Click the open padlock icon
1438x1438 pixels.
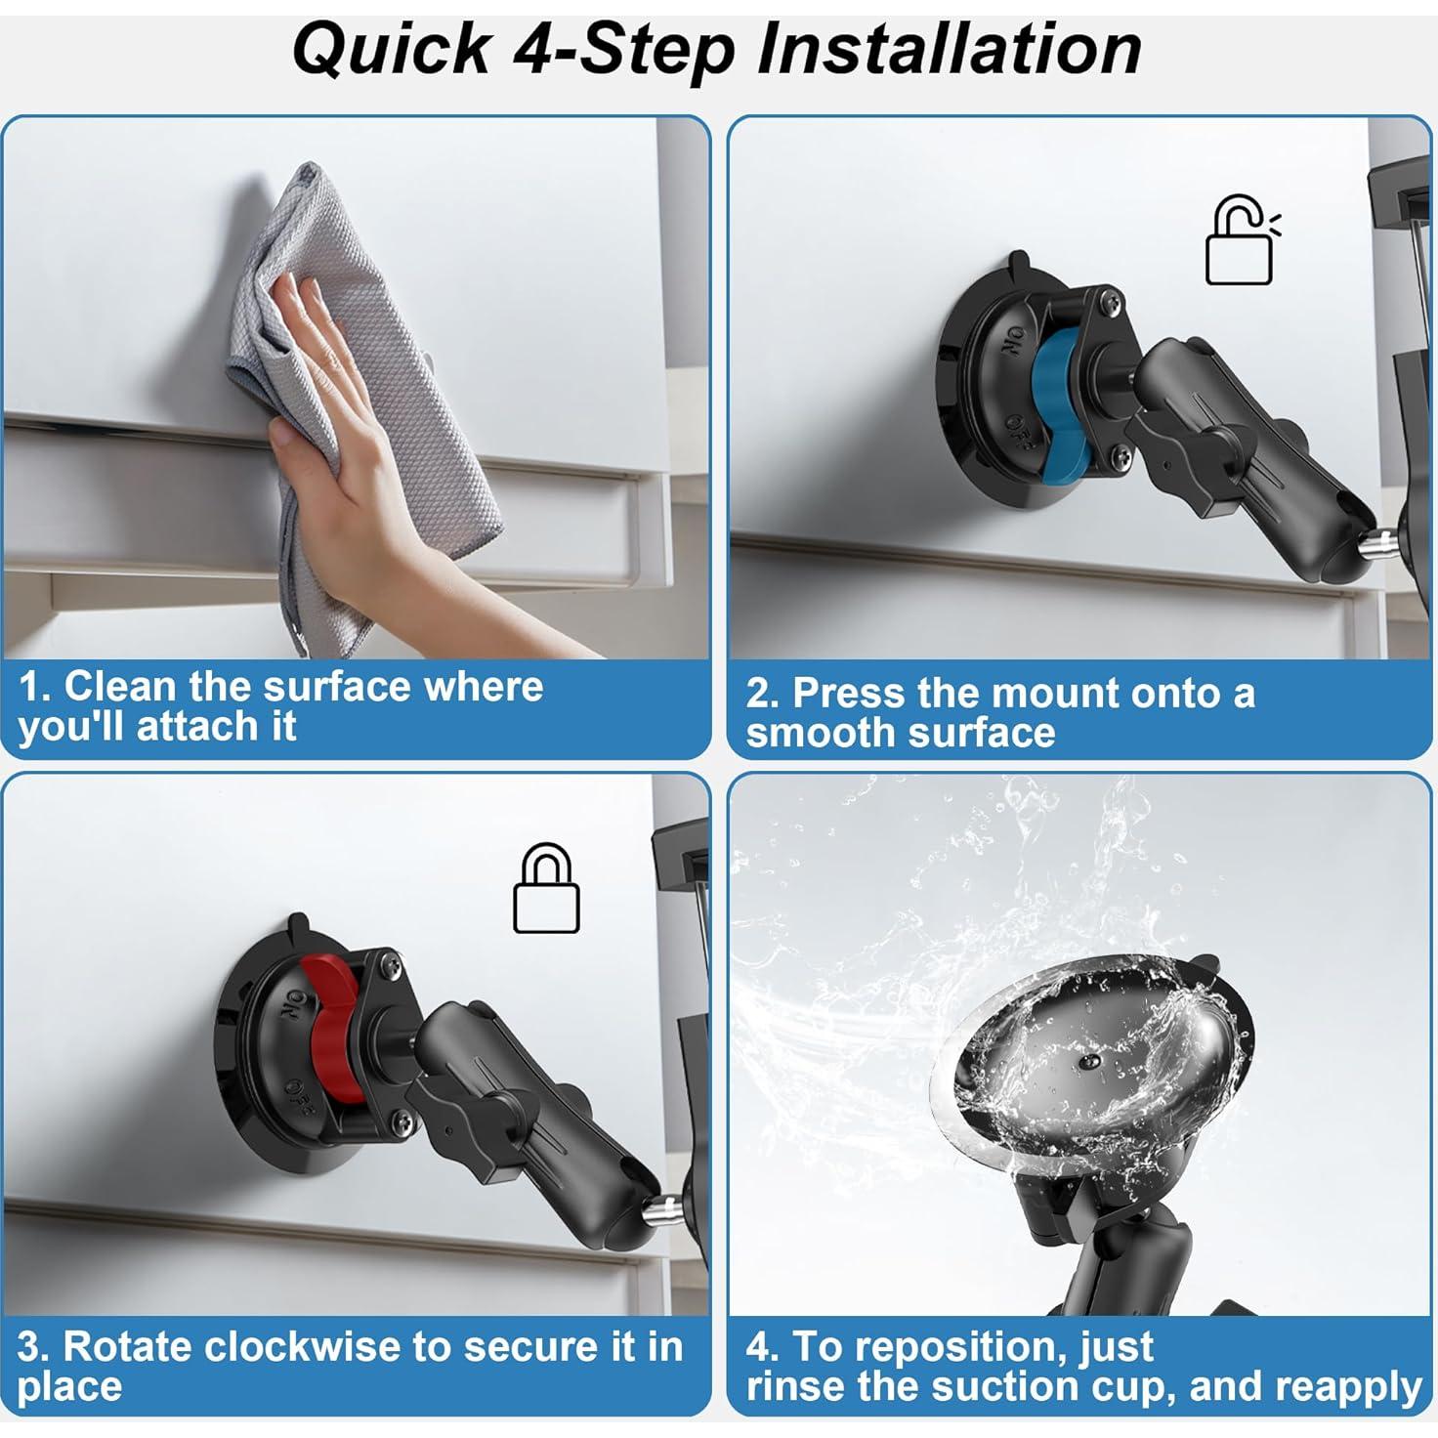click(1240, 242)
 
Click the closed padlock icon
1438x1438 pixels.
click(546, 891)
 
